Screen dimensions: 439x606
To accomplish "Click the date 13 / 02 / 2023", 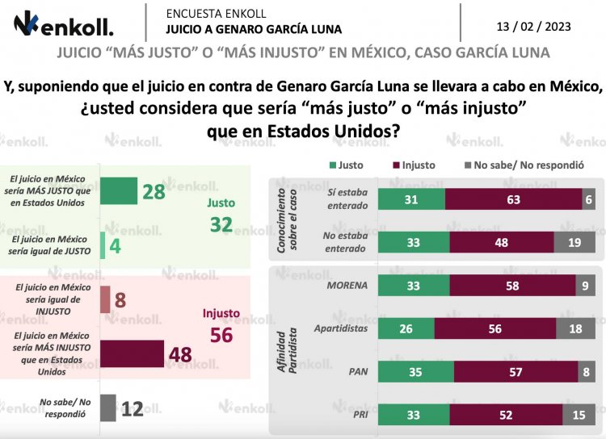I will click(x=533, y=26).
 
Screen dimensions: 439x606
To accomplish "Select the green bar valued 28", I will click(x=120, y=191).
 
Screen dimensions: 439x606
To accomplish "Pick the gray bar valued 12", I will click(x=108, y=408).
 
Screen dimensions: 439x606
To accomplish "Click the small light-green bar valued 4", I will click(x=103, y=245).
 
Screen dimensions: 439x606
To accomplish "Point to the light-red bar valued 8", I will click(x=105, y=299).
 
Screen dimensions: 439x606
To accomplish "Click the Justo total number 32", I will click(x=221, y=225).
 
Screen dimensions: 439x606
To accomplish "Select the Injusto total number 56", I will click(x=221, y=334).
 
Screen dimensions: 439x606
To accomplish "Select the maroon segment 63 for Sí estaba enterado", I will click(x=513, y=200).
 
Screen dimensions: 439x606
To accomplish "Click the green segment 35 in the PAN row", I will click(x=416, y=371).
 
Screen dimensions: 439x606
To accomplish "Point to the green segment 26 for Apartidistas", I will click(x=406, y=328).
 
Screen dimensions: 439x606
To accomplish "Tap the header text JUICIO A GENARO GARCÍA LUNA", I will click(x=253, y=29).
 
